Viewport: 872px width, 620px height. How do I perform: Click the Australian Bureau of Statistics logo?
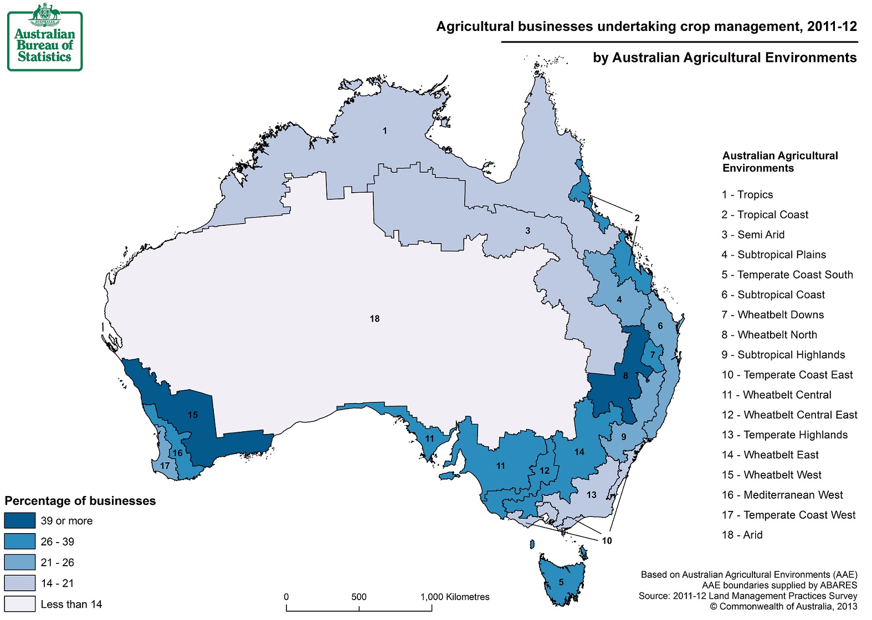tap(44, 38)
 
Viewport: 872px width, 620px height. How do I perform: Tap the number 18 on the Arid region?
tap(375, 319)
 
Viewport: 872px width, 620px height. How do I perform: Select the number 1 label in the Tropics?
tap(384, 131)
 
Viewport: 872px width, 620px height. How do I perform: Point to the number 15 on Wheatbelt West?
tap(192, 415)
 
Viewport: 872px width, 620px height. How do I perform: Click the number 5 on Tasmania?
tap(561, 582)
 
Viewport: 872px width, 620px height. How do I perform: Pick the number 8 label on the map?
tap(625, 376)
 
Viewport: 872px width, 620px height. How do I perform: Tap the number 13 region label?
tap(591, 495)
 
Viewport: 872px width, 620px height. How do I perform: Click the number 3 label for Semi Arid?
tap(527, 231)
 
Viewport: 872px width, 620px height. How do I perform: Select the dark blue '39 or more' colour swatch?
tap(19, 521)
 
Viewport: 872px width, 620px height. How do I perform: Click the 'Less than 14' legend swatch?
tap(19, 604)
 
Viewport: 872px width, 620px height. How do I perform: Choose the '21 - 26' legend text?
tap(57, 562)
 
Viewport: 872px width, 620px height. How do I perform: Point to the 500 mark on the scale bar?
tap(359, 597)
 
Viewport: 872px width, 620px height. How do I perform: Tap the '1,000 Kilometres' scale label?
tap(455, 597)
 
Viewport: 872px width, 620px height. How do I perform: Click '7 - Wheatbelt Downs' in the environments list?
tap(772, 315)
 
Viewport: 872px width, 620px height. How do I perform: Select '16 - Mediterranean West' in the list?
tap(782, 495)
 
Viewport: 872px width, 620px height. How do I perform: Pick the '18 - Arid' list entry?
tap(742, 535)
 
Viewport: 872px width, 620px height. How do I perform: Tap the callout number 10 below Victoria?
tap(607, 541)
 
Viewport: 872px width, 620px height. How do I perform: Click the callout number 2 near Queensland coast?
tap(637, 218)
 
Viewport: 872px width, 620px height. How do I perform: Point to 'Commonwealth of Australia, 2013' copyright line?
tap(783, 606)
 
